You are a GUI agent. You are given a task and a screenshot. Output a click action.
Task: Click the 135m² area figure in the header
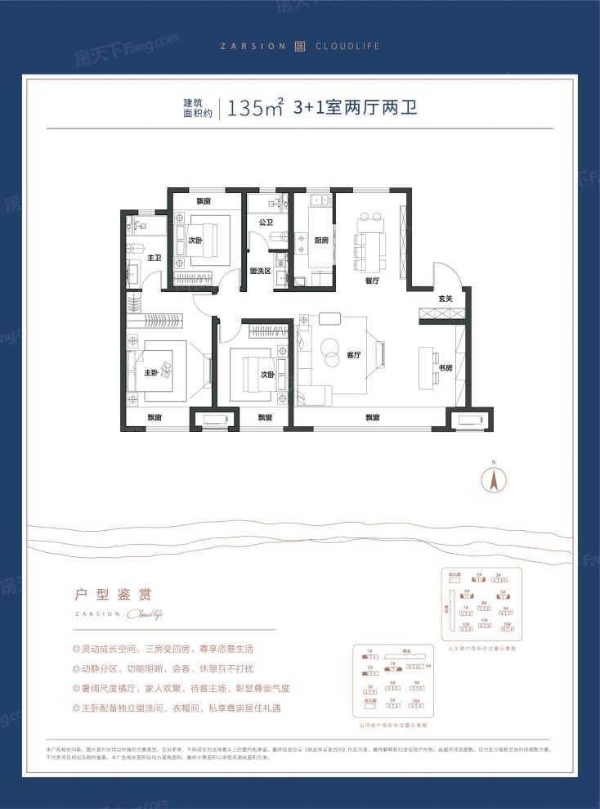click(256, 108)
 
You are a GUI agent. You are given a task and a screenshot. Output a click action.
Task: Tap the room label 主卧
click(151, 373)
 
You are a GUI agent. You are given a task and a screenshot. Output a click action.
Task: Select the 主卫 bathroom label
click(154, 258)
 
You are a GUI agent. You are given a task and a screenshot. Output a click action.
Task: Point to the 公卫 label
click(266, 222)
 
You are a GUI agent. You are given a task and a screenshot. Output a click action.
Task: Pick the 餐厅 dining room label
click(373, 281)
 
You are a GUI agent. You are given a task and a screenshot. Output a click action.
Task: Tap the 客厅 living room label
click(354, 355)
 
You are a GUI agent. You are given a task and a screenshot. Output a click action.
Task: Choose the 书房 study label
click(445, 367)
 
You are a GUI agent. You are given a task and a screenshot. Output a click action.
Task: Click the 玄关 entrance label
click(446, 299)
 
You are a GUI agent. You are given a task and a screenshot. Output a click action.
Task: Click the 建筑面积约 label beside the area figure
click(197, 109)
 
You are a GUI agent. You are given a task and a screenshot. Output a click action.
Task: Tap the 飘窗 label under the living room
click(372, 418)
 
